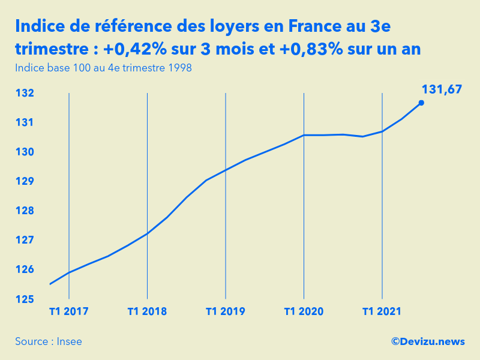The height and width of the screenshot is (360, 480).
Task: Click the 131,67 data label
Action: point(442,89)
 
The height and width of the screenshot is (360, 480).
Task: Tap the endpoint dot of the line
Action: point(421,103)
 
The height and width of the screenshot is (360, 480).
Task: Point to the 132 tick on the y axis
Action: point(25,94)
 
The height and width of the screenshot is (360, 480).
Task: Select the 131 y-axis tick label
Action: point(25,123)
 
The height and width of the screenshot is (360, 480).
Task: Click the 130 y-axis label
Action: point(25,152)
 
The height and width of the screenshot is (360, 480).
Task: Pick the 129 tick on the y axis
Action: point(25,182)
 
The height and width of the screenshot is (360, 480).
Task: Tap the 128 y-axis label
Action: point(25,211)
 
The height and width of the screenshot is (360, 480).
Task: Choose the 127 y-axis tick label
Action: point(25,241)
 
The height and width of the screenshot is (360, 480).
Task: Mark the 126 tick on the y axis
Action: point(25,270)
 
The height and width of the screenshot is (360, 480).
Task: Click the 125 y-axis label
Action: point(25,299)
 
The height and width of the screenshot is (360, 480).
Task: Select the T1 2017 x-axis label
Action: point(69,311)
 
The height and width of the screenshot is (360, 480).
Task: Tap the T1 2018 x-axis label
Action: point(147,311)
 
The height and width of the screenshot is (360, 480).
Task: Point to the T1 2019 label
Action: point(226,311)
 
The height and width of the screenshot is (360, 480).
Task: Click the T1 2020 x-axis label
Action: point(304,311)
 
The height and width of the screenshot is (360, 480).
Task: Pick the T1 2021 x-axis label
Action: point(382,311)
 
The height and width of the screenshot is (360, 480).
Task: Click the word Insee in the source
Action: point(70,341)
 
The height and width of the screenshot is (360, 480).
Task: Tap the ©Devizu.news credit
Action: point(428,341)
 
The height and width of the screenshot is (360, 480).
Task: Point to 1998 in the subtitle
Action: point(180,68)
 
